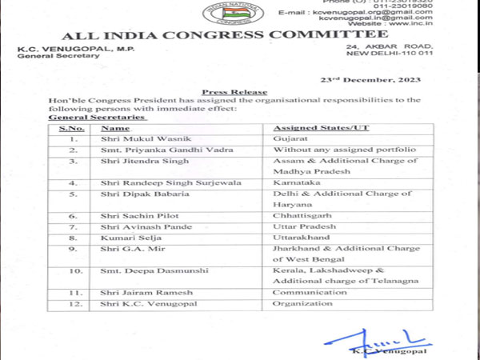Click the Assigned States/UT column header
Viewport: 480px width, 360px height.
click(310, 128)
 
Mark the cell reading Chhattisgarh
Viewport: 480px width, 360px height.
click(300, 215)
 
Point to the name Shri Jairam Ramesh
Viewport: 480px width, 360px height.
click(144, 294)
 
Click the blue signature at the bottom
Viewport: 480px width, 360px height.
click(384, 334)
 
